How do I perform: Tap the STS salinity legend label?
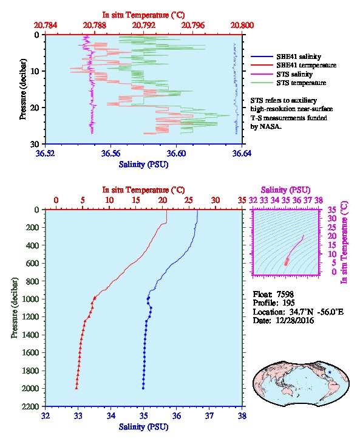294,74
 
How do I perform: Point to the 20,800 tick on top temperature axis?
242,26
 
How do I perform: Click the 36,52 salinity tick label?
46,154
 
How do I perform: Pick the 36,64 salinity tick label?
242,154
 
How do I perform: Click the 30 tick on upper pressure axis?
35,144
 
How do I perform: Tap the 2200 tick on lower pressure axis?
30,406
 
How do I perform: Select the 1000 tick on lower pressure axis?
30,299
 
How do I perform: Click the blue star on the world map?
330,372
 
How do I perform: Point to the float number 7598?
285,294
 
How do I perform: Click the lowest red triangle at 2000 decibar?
76,388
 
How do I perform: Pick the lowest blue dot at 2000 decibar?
143,388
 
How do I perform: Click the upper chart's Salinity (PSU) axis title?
143,165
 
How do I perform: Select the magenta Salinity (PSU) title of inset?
285,190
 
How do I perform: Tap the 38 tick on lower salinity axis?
242,415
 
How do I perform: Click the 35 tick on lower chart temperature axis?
242,200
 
